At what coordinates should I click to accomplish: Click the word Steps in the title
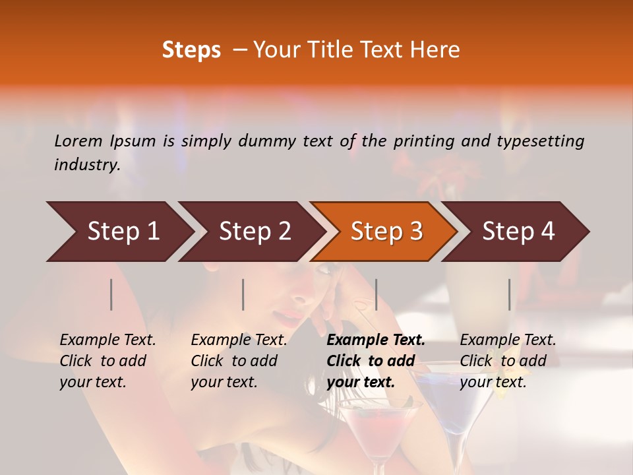coord(191,50)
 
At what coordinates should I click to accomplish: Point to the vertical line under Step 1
coord(111,294)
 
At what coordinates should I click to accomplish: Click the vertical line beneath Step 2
coord(243,294)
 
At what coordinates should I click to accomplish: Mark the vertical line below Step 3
coord(376,294)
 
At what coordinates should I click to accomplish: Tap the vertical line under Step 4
coord(509,294)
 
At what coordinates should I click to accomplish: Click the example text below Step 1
coord(107,361)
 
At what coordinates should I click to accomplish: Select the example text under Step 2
coord(239,361)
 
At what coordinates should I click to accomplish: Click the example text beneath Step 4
coord(508,361)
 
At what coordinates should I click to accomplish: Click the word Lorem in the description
coord(78,141)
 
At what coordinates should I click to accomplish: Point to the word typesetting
coord(545,141)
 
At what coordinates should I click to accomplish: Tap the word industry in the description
coord(86,165)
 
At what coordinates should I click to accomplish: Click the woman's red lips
coord(288,319)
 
